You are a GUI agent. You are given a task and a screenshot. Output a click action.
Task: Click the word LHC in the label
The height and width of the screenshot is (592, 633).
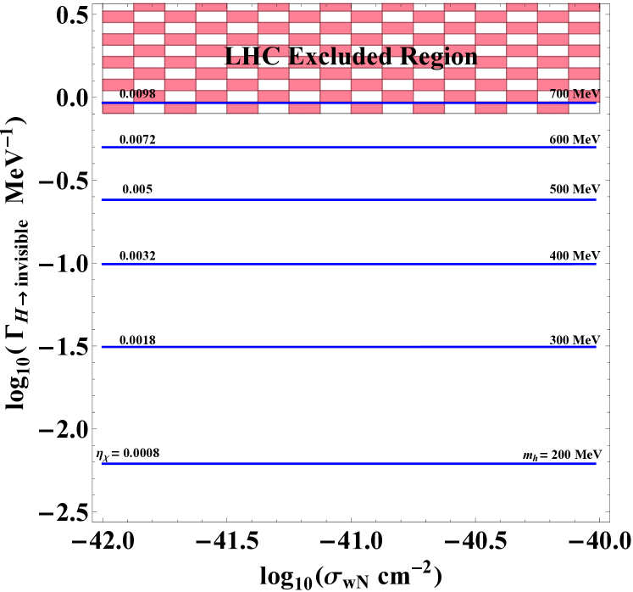pos(252,56)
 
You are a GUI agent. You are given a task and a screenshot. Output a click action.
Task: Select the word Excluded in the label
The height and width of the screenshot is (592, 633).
pos(339,56)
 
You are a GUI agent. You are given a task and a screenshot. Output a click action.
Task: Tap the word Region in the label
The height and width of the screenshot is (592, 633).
pos(438,56)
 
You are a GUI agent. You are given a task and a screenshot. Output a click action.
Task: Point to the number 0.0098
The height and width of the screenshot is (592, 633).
pos(137,93)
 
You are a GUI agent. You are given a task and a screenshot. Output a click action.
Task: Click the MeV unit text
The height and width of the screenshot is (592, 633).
pos(586,93)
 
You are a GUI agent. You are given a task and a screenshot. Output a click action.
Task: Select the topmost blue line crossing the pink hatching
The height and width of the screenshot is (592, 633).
pos(348,103)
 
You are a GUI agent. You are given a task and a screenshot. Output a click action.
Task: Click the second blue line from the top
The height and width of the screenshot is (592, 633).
pos(348,147)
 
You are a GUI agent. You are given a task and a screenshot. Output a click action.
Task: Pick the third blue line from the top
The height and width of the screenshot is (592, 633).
pos(348,199)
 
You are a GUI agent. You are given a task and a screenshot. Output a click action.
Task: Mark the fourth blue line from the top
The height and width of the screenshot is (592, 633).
pos(348,264)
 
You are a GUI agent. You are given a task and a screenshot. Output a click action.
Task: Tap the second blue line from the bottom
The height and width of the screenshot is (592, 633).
pos(348,347)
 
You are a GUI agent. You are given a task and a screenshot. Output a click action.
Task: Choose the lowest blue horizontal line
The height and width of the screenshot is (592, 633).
pos(348,464)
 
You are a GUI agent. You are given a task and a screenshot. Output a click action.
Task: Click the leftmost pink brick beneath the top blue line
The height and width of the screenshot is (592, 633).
pos(118,109)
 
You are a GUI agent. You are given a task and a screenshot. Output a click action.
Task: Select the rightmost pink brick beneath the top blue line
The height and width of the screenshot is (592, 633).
pos(552,109)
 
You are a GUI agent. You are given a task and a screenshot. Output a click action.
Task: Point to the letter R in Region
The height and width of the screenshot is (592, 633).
pos(409,56)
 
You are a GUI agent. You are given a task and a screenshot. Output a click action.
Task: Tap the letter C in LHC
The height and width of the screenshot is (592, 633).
pos(269,56)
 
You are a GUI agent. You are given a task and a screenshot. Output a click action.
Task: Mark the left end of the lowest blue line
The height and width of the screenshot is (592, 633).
pos(103,464)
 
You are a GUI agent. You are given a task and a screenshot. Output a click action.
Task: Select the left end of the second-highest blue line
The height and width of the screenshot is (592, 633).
pos(103,147)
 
